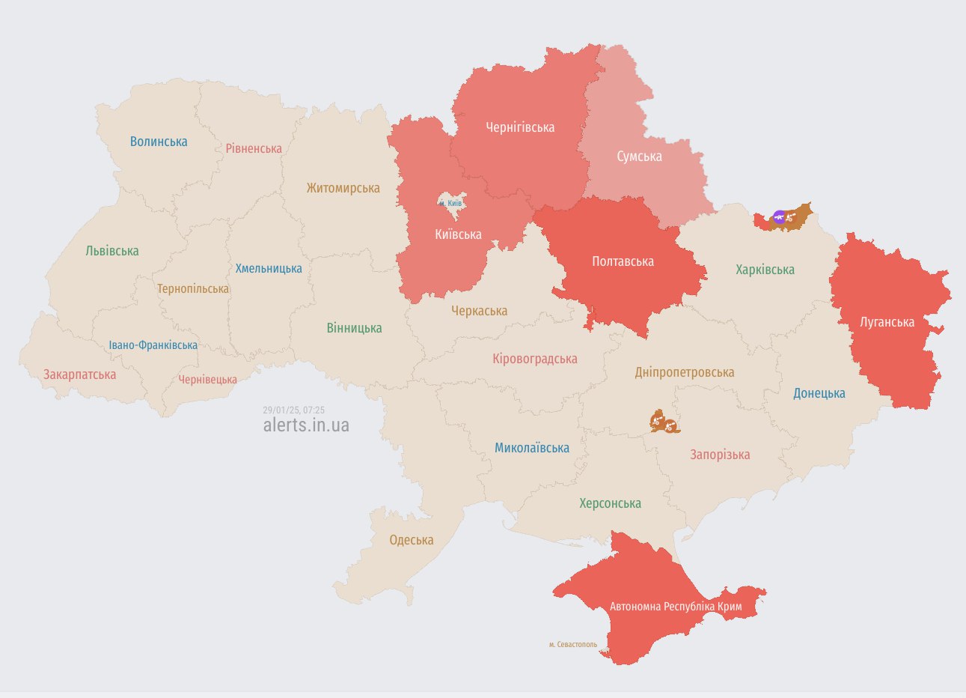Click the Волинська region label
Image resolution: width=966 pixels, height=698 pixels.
159,142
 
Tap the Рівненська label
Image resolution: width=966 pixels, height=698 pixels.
254,148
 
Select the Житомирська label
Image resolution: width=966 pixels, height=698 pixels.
343,188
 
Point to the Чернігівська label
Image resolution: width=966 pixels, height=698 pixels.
520,127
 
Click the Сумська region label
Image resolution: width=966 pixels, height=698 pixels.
639,157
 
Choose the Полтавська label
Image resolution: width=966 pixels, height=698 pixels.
623,261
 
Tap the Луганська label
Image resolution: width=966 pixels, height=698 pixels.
887,322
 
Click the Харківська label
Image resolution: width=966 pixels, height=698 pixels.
765,270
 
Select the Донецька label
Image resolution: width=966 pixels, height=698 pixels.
819,393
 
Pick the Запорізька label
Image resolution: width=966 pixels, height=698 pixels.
720,455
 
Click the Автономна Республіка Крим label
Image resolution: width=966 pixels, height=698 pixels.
676,606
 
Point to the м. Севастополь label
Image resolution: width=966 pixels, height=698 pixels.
573,644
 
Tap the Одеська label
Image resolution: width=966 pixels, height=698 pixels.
412,540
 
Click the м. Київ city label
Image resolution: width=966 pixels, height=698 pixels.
450,203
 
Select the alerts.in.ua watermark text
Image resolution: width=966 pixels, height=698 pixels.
306,425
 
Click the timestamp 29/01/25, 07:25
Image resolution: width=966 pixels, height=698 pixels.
294,410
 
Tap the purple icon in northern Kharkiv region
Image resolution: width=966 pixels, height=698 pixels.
779,218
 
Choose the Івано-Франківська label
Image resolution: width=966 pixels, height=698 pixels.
153,345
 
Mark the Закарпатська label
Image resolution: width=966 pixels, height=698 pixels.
79,374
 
